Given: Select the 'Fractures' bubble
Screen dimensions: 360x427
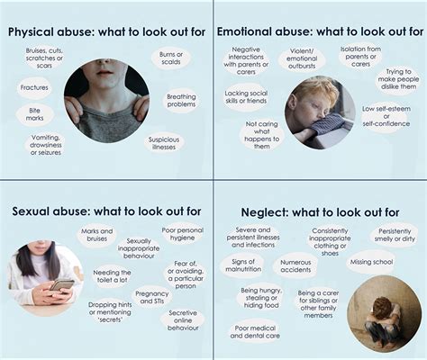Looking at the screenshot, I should click(33, 88).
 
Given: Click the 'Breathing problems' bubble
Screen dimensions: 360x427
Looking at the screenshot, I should click(181, 101).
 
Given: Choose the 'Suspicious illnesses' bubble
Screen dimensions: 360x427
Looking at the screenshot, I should click(165, 141).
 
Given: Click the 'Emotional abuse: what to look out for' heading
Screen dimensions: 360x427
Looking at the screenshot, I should click(319, 31).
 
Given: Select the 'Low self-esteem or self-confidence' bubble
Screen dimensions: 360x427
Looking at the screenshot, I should click(386, 115).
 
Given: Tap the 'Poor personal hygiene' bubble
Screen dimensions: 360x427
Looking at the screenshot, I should click(183, 234).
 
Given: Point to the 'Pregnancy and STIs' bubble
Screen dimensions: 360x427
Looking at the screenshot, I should click(152, 296).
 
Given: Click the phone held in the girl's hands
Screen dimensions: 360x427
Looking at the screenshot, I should click(61, 285).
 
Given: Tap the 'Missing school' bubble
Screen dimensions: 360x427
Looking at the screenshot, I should click(371, 262).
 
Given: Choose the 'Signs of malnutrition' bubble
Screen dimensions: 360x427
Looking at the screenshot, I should click(242, 266).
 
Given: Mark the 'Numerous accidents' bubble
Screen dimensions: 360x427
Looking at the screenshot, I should click(295, 266).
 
